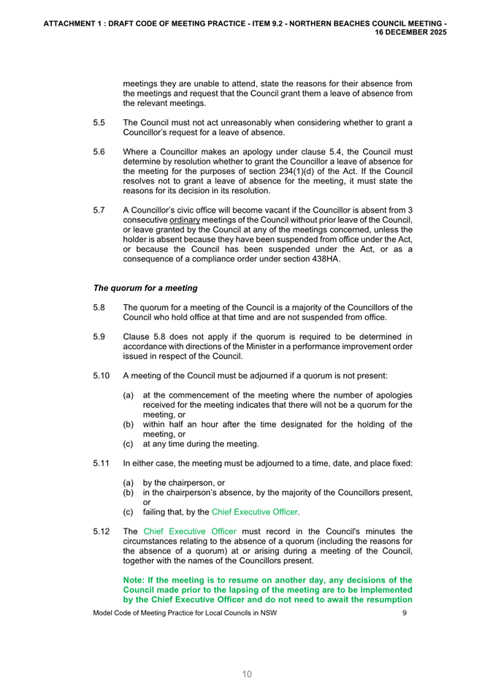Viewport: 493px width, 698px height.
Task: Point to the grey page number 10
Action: [x=247, y=674]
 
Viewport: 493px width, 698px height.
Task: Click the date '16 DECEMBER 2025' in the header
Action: [x=412, y=33]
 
